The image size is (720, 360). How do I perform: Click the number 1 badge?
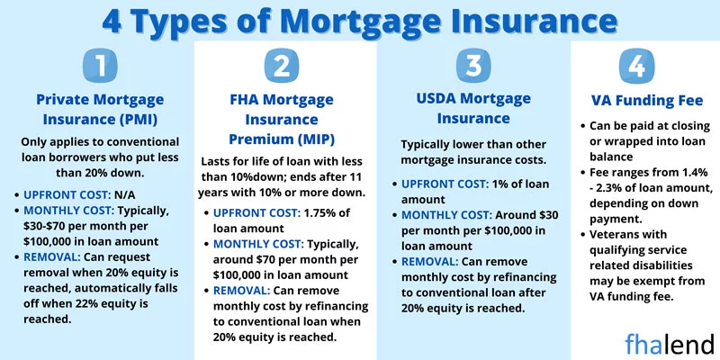100,66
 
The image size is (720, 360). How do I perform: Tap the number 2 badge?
282,66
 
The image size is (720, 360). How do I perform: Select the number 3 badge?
473,66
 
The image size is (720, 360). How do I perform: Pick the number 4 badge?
636,66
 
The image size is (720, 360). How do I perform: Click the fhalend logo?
669,344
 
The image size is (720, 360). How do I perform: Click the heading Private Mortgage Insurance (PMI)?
100,109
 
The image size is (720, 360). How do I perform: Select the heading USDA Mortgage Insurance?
473,108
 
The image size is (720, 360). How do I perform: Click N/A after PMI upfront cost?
125,195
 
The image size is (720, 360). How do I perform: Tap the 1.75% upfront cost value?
321,213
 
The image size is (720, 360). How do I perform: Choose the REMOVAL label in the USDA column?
430,262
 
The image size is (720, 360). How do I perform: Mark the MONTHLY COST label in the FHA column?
259,244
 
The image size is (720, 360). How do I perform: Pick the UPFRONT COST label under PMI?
67,195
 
